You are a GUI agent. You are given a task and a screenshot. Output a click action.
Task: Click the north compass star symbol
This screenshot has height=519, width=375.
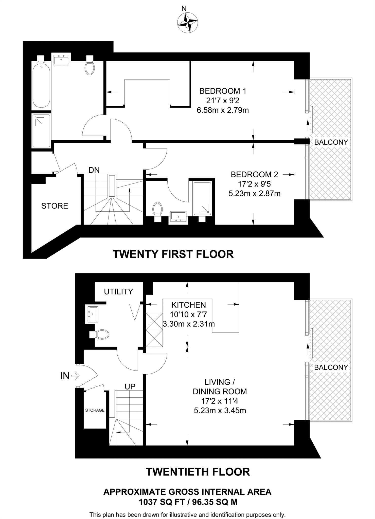pos(187,23)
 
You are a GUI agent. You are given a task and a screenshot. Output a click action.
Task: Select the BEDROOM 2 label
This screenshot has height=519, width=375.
pos(254,174)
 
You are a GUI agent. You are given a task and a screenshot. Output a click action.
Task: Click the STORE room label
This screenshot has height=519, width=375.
pos(55,206)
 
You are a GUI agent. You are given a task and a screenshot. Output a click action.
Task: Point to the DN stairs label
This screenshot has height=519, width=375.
pos(94,170)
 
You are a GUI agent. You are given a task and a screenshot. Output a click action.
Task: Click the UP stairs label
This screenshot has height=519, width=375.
pos(130,386)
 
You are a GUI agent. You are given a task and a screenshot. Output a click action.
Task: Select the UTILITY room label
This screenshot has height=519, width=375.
pos(118,292)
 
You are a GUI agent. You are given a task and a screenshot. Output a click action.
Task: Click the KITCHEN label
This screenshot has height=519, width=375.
pos(189,305)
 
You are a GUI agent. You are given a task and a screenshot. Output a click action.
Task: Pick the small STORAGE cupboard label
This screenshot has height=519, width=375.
pos(95,410)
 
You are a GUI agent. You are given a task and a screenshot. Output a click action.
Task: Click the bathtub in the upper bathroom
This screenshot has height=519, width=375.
pos(41,85)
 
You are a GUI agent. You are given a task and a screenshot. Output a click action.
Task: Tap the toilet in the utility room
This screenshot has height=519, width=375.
pos(102,335)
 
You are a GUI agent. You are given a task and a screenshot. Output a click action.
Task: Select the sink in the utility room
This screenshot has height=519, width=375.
pos(93,314)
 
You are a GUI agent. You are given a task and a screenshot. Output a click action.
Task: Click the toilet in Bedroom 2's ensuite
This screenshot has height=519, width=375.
pos(158,210)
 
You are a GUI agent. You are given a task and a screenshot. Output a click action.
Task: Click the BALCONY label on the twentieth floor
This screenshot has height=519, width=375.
pos(331,367)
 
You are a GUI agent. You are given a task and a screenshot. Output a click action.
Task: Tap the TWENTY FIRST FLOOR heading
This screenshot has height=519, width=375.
pos(173,254)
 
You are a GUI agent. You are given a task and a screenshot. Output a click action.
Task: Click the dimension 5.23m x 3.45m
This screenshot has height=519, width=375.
pos(220,411)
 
